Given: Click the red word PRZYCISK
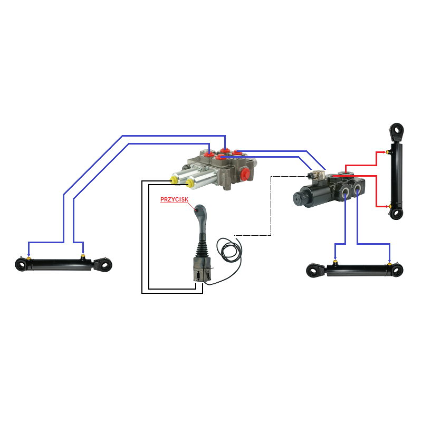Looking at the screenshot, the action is point(174,199).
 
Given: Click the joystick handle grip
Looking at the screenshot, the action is point(201,218).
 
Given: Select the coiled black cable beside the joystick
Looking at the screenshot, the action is point(229,250).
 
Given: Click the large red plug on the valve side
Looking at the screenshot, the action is point(245,174).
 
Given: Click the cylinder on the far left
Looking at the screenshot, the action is point(63,264).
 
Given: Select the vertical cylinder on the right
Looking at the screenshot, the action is point(397,171).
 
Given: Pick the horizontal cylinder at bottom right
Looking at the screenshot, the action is point(354,270).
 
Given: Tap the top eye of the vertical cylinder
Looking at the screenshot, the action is point(397,131).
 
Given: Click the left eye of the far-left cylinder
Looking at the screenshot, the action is point(21,265).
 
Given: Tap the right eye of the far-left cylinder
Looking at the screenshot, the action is point(104,265).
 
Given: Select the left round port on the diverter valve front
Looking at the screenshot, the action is point(346,192).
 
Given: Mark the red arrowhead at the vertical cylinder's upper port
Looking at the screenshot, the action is point(385,152).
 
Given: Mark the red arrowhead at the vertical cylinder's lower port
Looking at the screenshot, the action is point(387,206).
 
